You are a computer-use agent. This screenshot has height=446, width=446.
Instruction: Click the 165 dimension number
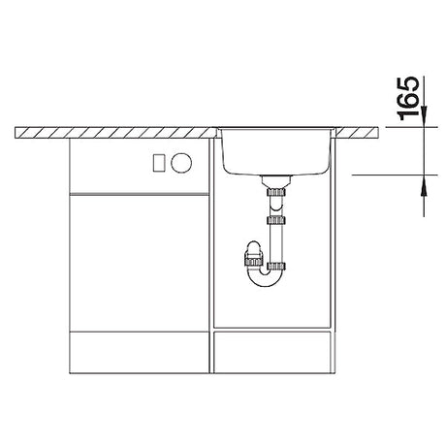coord(408,98)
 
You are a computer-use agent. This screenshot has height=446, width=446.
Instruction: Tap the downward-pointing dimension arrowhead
coord(424,117)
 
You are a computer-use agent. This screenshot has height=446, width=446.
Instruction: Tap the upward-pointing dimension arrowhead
coord(424,185)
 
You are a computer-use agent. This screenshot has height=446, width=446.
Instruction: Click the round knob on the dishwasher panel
coord(181,162)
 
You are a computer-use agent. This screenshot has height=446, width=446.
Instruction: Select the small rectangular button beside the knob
coord(159,163)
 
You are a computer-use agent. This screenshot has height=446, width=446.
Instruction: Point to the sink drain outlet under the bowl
coord(276,181)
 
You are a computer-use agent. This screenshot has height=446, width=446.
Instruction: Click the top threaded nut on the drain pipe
coord(276,192)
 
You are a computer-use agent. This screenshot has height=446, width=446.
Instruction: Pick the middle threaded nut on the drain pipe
coord(276,220)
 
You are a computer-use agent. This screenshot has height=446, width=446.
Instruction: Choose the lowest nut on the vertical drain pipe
coord(276,267)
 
